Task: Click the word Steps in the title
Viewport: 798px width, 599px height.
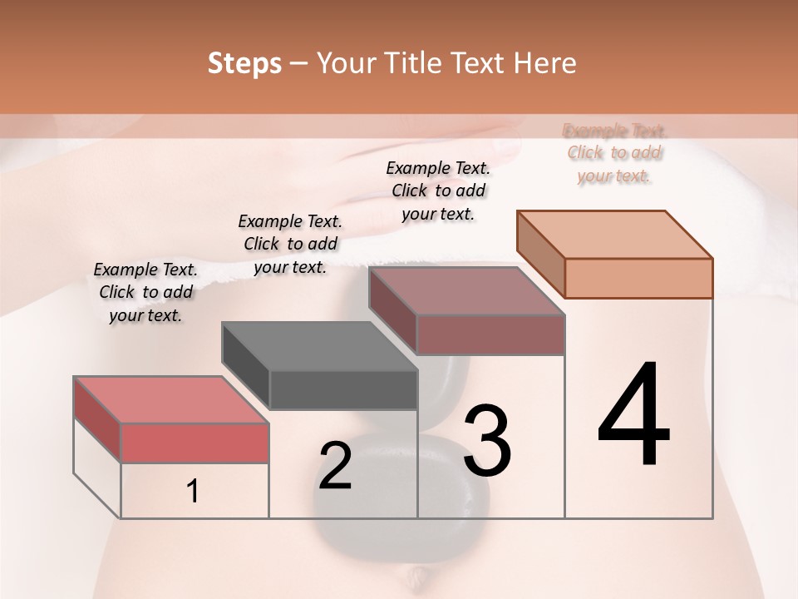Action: click(x=244, y=64)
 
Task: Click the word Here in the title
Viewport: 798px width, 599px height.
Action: click(x=544, y=64)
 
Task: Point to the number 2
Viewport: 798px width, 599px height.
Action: click(x=335, y=465)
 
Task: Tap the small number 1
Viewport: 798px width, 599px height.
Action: click(x=193, y=492)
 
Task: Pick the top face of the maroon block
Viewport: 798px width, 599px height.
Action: click(x=466, y=291)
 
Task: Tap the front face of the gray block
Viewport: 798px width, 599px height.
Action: click(x=343, y=389)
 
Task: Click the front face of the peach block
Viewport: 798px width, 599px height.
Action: click(x=638, y=278)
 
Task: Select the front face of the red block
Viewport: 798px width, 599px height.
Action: click(x=195, y=443)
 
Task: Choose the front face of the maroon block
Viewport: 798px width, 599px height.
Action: click(x=490, y=334)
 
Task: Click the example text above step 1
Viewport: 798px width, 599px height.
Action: click(x=145, y=293)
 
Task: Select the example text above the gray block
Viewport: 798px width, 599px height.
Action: click(x=290, y=244)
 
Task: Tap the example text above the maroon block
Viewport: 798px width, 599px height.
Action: click(x=438, y=191)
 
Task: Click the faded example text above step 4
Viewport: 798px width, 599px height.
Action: click(x=614, y=153)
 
